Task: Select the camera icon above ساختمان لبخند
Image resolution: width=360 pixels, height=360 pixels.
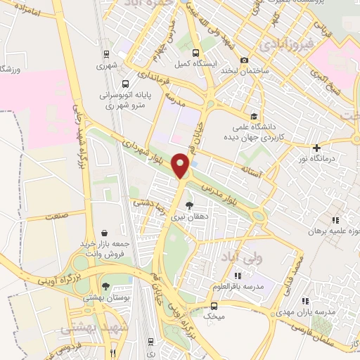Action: pos(244,60)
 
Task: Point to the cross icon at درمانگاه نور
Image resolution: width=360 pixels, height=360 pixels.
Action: pos(317,148)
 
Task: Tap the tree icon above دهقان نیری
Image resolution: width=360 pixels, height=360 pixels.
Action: pos(188,206)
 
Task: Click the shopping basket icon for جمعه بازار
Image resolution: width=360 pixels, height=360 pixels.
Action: pos(104,233)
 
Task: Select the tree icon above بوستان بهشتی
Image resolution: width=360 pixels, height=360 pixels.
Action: pos(105,285)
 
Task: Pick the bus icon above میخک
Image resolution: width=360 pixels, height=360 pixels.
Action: pos(214,306)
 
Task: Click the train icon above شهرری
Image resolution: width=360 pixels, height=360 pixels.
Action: pos(105,54)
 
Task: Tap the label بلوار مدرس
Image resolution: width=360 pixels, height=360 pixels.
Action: pos(224,188)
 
